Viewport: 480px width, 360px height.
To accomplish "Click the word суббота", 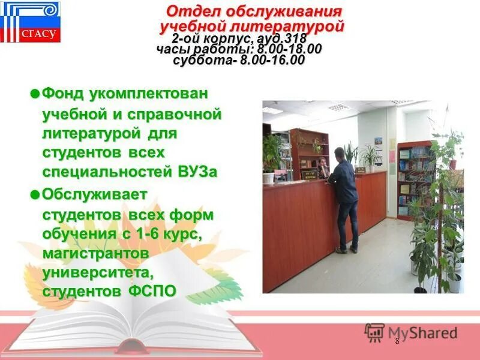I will coord(203,61).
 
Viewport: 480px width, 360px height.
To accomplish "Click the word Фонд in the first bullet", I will coord(64,94).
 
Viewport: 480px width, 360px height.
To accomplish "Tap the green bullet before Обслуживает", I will coord(35,194).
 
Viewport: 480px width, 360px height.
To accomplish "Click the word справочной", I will coord(180,113).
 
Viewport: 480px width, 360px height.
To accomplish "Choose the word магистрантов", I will coord(95,253).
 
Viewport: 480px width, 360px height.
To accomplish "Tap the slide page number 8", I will coord(397,341).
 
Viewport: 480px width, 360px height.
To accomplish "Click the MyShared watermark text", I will coord(422,333).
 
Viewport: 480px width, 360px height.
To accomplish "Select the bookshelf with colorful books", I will coord(414,174).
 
